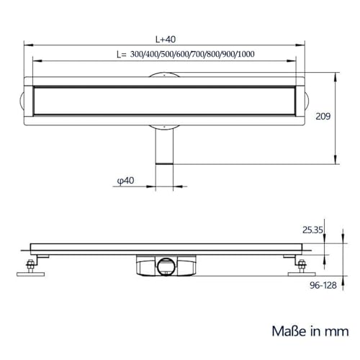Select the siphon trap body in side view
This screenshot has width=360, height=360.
(x=166, y=266)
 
